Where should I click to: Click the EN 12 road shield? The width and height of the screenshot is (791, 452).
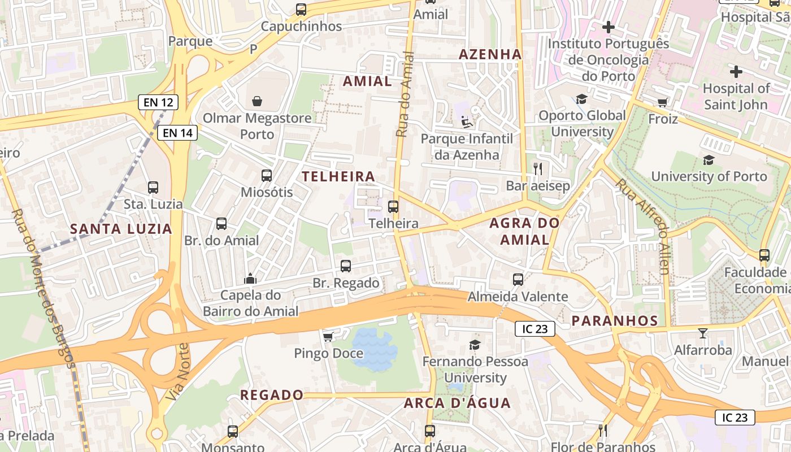click(158, 102)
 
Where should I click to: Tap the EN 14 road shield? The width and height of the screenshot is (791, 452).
click(177, 133)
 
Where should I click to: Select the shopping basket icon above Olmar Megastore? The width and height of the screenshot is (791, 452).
click(257, 101)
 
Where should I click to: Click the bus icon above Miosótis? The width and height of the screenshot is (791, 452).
click(267, 175)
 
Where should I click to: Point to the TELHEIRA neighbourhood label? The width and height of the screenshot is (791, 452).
click(338, 176)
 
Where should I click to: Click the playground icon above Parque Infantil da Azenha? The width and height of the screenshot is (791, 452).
click(467, 121)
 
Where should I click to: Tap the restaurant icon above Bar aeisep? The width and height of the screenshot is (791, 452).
click(538, 168)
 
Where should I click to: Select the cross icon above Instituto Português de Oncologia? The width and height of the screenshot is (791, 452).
click(608, 27)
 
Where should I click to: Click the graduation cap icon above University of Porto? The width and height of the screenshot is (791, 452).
click(709, 160)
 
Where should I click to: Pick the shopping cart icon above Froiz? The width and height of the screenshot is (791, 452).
click(662, 102)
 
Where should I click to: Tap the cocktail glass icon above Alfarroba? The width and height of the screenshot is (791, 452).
click(702, 333)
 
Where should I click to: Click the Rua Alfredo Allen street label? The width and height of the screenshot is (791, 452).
click(643, 226)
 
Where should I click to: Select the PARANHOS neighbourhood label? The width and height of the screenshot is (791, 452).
click(615, 321)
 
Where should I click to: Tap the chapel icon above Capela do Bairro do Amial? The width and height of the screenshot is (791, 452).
click(250, 278)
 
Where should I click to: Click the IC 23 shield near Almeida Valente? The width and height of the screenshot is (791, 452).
click(534, 329)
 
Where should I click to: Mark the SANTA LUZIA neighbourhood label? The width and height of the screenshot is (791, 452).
click(121, 229)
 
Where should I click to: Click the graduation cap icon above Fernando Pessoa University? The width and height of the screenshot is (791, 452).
click(475, 345)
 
